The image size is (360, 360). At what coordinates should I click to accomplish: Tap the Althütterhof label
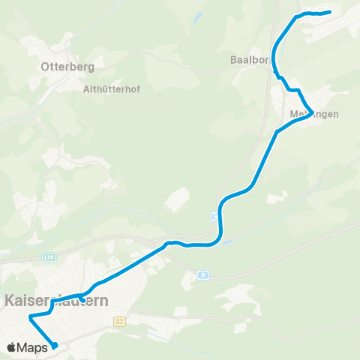(112, 88)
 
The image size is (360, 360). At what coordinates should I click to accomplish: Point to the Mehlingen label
(313, 114)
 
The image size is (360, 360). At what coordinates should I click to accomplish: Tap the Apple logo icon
(11, 346)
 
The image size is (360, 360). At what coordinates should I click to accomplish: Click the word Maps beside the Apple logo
(32, 346)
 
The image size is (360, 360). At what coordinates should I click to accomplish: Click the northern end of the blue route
(330, 12)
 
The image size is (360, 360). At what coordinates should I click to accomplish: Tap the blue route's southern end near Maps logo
(55, 346)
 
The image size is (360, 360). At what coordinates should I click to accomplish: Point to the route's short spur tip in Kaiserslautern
(82, 300)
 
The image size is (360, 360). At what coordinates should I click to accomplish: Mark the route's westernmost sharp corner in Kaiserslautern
(30, 317)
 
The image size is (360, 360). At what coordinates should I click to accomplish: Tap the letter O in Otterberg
(44, 67)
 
